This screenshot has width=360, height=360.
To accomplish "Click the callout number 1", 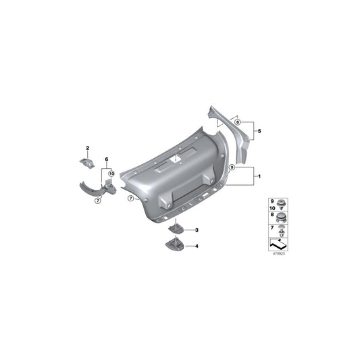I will point(257,176).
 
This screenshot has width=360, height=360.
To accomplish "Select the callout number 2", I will point(87,147).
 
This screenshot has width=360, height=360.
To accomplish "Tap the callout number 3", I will point(197,230).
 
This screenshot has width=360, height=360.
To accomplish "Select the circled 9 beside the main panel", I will point(232,166).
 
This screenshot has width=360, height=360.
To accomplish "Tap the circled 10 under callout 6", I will point(111,173).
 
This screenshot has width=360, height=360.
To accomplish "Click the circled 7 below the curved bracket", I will point(98,201).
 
